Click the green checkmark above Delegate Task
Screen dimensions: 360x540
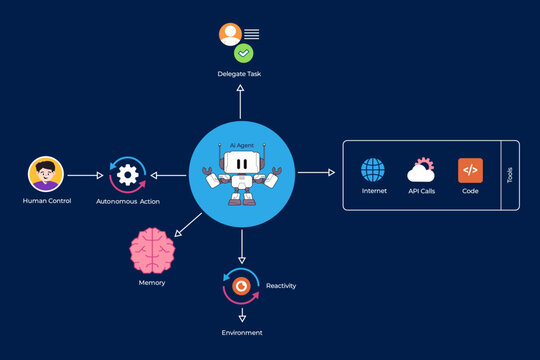click(243, 53)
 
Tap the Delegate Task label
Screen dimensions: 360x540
click(241, 75)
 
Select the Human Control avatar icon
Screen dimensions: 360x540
click(45, 174)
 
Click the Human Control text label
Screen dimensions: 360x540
click(45, 201)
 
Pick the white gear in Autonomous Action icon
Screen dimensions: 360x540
click(127, 174)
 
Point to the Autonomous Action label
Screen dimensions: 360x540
click(127, 201)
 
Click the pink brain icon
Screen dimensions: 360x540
click(152, 250)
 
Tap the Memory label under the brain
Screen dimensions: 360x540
click(152, 283)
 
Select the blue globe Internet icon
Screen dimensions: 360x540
click(373, 169)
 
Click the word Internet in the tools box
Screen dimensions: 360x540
click(373, 191)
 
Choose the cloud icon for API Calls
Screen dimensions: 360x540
click(420, 169)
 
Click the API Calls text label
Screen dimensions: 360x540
click(421, 191)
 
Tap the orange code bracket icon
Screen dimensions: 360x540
click(470, 169)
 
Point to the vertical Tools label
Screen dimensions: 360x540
click(509, 175)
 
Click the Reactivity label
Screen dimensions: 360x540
click(280, 286)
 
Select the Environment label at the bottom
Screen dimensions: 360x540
click(241, 332)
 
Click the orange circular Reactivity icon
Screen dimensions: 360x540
click(241, 286)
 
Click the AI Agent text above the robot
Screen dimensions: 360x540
click(241, 145)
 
